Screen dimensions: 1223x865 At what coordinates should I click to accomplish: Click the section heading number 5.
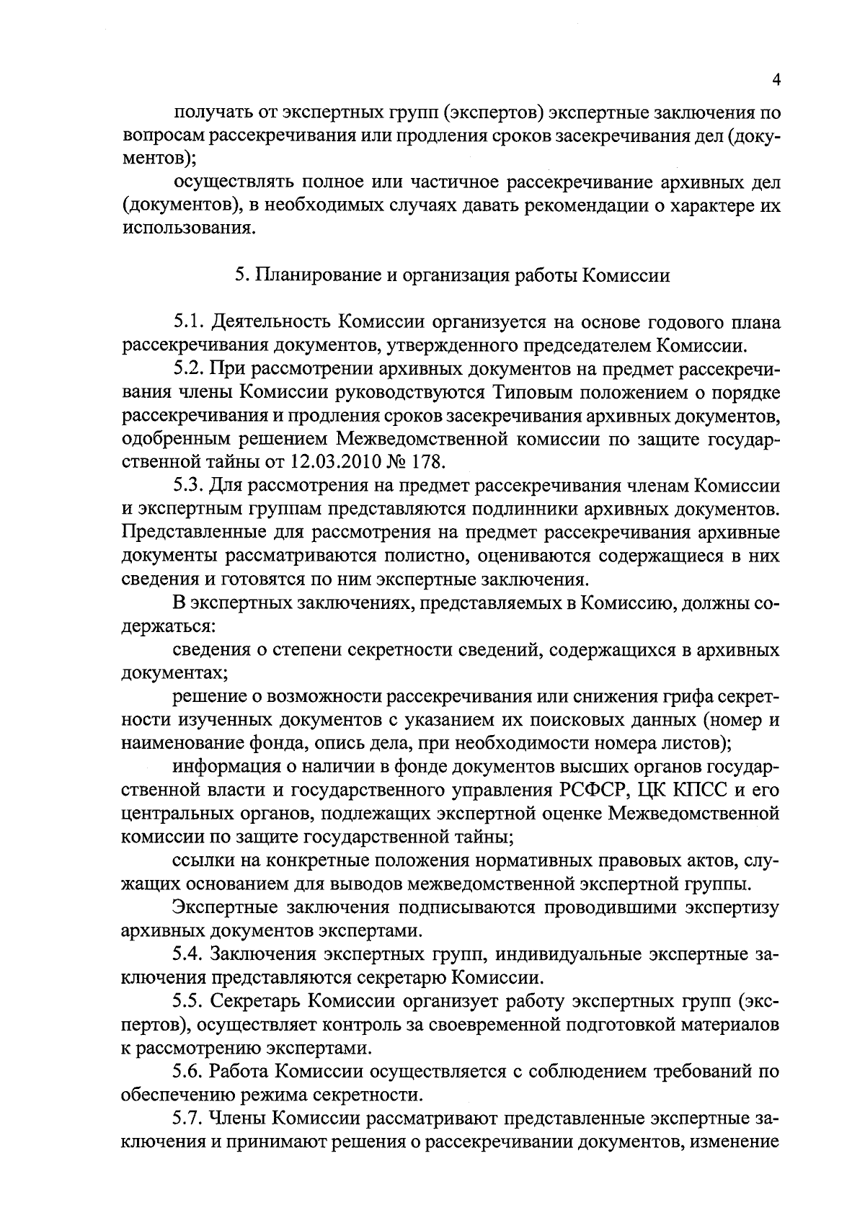(240, 275)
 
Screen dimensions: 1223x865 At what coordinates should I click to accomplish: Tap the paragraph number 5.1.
(189, 322)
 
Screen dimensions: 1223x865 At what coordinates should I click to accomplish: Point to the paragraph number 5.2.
(189, 369)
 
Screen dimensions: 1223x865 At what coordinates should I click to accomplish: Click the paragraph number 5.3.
(189, 486)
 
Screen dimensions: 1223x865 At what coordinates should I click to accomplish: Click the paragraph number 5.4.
(189, 955)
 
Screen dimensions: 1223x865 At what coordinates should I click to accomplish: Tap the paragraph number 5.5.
(189, 1002)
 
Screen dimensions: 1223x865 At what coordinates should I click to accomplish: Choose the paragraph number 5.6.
(189, 1072)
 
